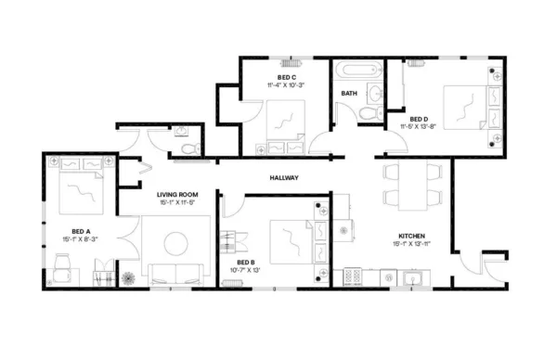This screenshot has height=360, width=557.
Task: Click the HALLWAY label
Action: (x=283, y=177)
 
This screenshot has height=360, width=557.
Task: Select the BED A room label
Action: (x=81, y=230)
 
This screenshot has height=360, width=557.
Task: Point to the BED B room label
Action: (x=246, y=263)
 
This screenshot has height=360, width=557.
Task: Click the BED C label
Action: (x=286, y=77)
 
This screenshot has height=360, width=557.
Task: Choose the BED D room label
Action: (x=419, y=119)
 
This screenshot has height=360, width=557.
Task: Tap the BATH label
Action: (x=349, y=94)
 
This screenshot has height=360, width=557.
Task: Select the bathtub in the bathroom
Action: (x=356, y=70)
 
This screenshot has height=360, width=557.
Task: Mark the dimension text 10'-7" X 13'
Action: (x=246, y=271)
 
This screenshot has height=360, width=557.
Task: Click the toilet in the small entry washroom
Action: (x=188, y=148)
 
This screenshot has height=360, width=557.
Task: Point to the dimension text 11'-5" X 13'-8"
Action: (x=419, y=127)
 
